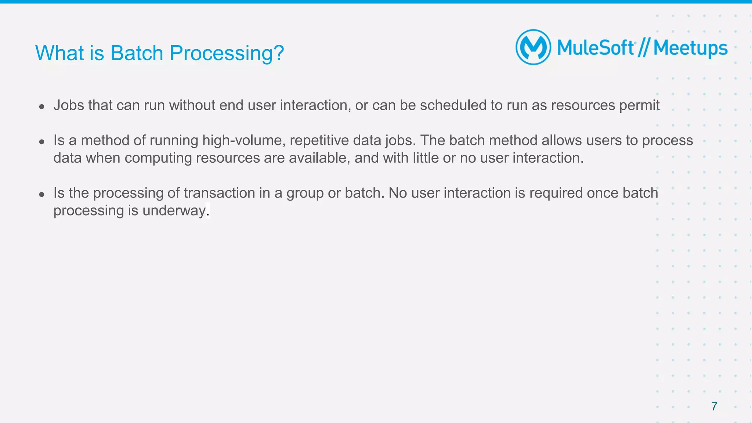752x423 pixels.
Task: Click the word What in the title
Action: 60,53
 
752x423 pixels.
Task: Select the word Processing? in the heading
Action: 227,54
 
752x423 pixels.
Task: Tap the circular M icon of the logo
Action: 533,47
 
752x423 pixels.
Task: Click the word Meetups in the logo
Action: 690,48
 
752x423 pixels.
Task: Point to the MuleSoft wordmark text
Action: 596,48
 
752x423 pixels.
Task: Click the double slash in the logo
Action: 644,48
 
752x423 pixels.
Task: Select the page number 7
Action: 714,406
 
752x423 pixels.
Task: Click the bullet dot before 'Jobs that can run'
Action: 42,107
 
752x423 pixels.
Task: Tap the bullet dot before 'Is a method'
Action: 42,142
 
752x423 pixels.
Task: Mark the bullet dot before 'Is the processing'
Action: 42,194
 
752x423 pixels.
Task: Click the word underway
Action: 174,211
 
